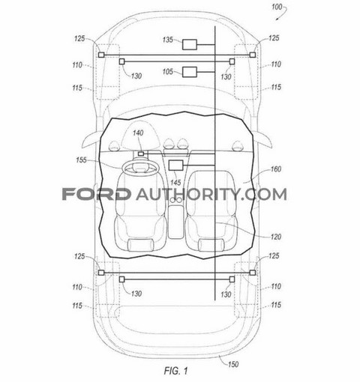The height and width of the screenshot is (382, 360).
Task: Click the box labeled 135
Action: tap(190, 45)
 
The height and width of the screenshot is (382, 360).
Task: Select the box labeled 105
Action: tap(190, 72)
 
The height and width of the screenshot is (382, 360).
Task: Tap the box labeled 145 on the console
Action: tap(175, 166)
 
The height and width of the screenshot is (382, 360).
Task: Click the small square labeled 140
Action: tap(141, 154)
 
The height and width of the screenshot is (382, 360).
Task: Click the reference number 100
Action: tap(277, 7)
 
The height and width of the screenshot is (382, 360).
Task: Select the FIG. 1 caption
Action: tap(175, 371)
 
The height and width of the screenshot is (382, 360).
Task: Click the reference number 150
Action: tap(233, 364)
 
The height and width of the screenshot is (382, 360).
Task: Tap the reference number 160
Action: tap(276, 169)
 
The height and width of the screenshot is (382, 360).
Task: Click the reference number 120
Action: tap(276, 237)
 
